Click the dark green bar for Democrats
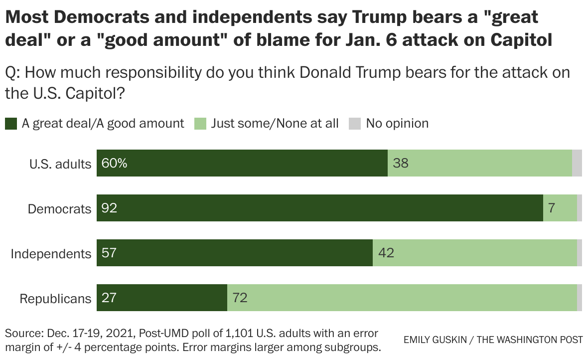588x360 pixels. (319, 208)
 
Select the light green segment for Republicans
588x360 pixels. (402, 298)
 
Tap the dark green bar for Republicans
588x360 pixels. (161, 298)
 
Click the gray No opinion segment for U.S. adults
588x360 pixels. (577, 163)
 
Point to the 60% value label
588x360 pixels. (114, 163)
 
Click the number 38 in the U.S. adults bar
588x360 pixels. (401, 163)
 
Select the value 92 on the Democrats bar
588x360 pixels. (109, 208)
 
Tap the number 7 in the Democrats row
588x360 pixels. (552, 208)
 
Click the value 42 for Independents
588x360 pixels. (386, 253)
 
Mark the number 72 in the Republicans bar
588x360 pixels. (240, 298)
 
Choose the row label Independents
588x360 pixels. (51, 254)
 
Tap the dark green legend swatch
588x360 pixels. (11, 123)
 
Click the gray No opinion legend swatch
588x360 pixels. (354, 123)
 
